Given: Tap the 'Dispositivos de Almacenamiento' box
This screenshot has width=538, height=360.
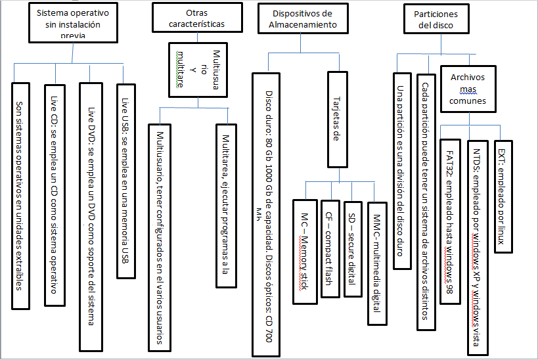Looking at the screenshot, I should click(x=302, y=19).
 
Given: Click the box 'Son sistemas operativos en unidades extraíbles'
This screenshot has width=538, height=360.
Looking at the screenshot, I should click(x=20, y=195).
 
